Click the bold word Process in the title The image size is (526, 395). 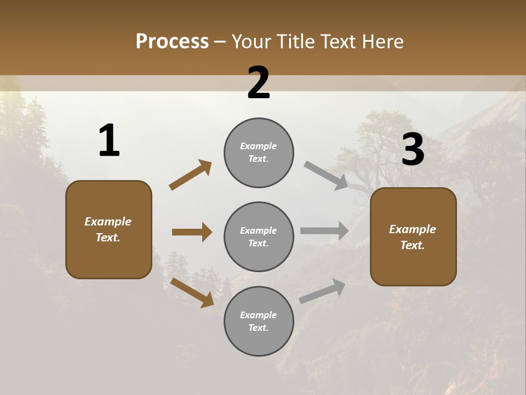pyautogui.click(x=172, y=42)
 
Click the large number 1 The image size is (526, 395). pyautogui.click(x=109, y=141)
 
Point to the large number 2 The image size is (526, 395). pyautogui.click(x=259, y=83)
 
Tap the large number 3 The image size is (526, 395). pyautogui.click(x=413, y=150)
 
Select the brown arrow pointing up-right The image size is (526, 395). pyautogui.click(x=190, y=175)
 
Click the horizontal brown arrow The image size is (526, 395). pyautogui.click(x=192, y=232)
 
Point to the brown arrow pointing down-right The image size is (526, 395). pyautogui.click(x=192, y=292)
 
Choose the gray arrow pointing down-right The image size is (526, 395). pyautogui.click(x=327, y=176)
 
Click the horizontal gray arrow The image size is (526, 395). pyautogui.click(x=324, y=230)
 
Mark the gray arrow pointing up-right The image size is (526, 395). pyautogui.click(x=322, y=291)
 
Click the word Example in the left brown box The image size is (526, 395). pyautogui.click(x=108, y=222)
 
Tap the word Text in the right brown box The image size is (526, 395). pyautogui.click(x=412, y=245)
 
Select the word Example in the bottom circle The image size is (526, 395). pyautogui.click(x=259, y=315)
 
